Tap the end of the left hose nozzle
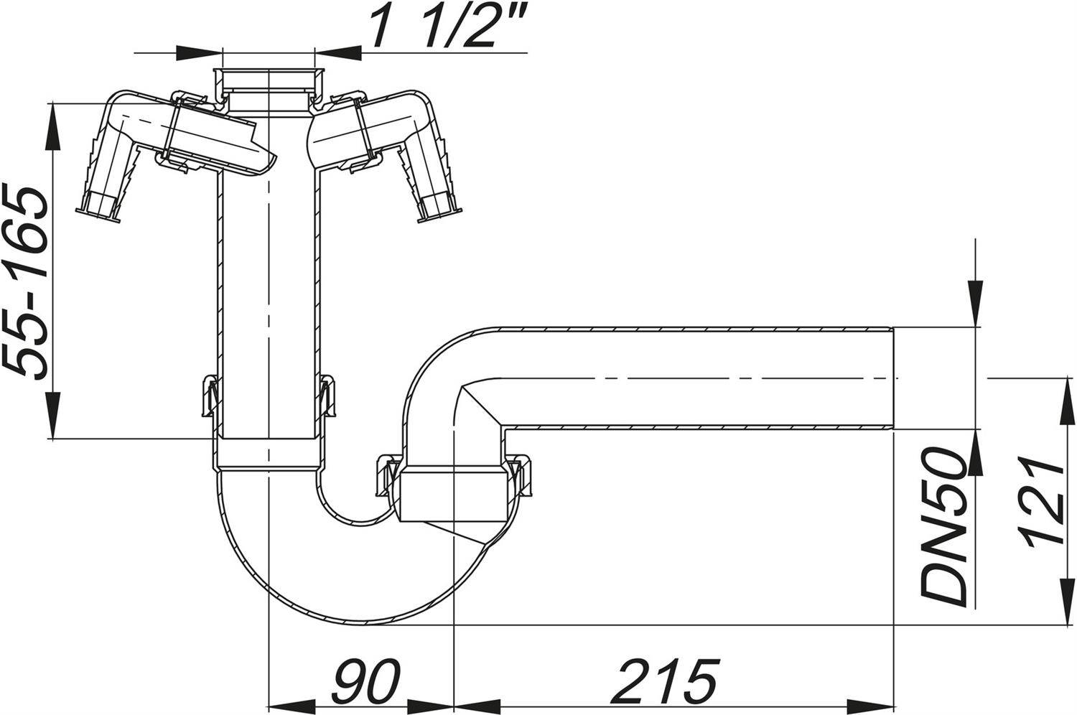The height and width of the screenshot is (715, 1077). point(99,213)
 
